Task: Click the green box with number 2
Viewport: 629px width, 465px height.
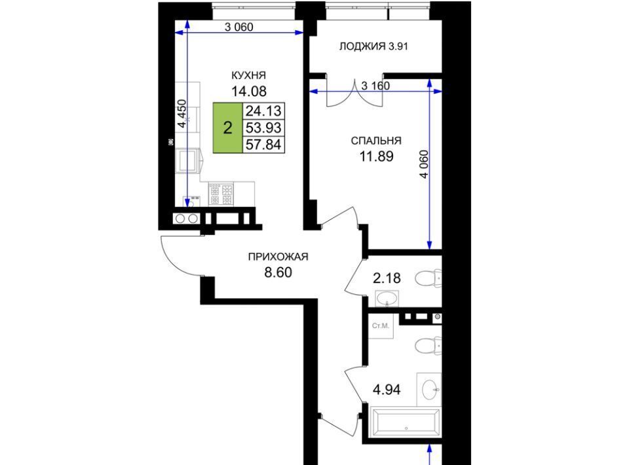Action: pyautogui.click(x=227, y=128)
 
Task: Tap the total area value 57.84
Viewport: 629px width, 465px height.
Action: pyautogui.click(x=263, y=145)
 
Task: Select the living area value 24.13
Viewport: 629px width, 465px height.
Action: pyautogui.click(x=263, y=111)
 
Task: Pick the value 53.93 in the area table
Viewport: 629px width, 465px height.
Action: pyautogui.click(x=263, y=128)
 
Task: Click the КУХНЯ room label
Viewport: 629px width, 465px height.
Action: pyautogui.click(x=249, y=75)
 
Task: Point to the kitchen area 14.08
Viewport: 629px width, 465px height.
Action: pyautogui.click(x=249, y=92)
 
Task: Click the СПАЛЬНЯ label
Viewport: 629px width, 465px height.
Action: pyautogui.click(x=376, y=141)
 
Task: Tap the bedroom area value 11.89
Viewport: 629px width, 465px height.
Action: pyautogui.click(x=376, y=157)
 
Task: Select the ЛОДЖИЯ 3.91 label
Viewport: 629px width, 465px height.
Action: pyautogui.click(x=373, y=46)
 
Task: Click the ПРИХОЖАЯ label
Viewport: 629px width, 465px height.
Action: pyautogui.click(x=278, y=257)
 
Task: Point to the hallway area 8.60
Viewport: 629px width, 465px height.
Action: pyautogui.click(x=278, y=272)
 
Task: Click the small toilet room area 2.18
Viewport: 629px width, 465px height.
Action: pyautogui.click(x=387, y=278)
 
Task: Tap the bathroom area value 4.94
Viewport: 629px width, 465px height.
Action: pyautogui.click(x=387, y=390)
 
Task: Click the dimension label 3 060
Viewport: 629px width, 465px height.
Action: pyautogui.click(x=238, y=27)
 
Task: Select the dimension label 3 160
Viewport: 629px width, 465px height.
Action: pyautogui.click(x=375, y=85)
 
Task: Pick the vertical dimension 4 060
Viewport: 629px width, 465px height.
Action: pyautogui.click(x=424, y=164)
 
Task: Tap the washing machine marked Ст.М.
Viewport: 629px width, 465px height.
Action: pyautogui.click(x=381, y=326)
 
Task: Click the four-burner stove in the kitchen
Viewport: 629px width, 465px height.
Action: pyautogui.click(x=221, y=194)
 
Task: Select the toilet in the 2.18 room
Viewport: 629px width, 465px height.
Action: pyautogui.click(x=428, y=278)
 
